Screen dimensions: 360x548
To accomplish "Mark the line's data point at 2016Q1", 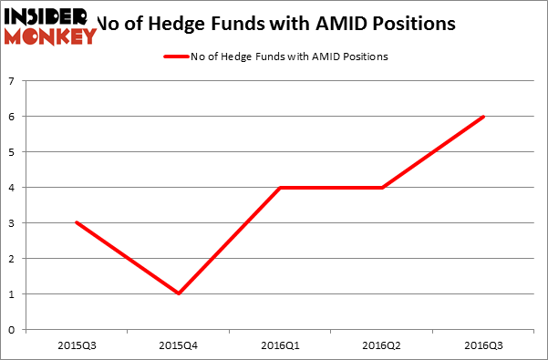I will coord(280,188).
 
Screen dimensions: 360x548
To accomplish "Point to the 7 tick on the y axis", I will coord(12,81).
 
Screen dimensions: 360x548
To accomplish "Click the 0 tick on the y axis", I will coord(12,329).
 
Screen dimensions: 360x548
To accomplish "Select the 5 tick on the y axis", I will coord(12,152).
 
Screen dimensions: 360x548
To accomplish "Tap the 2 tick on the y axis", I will coord(12,258).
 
